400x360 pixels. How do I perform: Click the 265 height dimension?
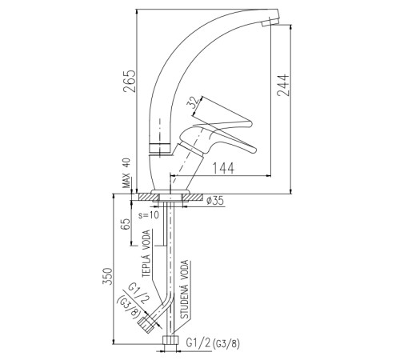pos(130,81)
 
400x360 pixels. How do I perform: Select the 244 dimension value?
pos(283,85)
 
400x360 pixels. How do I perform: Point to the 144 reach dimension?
pos(223,168)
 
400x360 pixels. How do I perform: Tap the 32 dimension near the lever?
pos(194,102)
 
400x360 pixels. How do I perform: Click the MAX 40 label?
pos(126,173)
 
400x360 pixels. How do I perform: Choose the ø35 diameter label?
pos(215,201)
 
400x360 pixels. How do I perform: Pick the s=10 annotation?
pos(149,215)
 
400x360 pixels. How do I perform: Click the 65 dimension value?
pos(126,224)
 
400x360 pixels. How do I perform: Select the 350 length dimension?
pos(107,276)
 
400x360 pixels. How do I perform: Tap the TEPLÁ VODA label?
pos(146,254)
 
